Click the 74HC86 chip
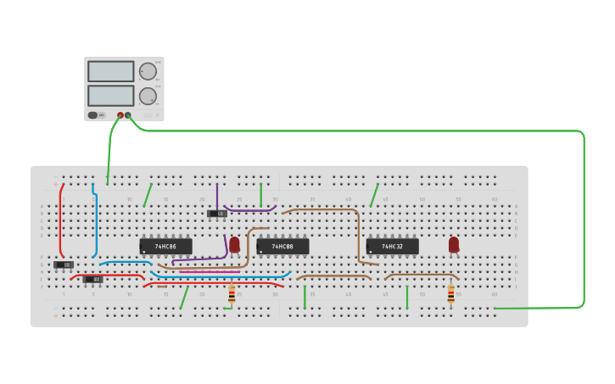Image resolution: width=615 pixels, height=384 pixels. click(x=165, y=247)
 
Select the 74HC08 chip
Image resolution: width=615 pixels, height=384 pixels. click(x=282, y=247)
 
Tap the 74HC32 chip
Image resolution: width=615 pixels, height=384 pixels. click(x=392, y=247)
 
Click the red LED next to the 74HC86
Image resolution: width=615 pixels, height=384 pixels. click(x=235, y=244)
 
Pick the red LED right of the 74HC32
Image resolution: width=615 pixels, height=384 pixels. click(x=454, y=244)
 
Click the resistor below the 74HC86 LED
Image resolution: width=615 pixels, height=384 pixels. click(x=232, y=293)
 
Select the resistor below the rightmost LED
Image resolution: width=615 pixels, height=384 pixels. click(x=450, y=293)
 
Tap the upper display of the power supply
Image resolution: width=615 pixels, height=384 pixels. click(x=110, y=71)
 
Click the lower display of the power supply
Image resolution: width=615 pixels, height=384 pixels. click(x=110, y=95)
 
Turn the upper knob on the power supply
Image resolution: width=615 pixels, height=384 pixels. click(x=148, y=71)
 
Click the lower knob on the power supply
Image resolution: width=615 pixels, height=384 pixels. click(x=148, y=95)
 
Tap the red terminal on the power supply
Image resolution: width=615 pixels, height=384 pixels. click(x=120, y=114)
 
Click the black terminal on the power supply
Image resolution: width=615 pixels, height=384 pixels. click(x=128, y=114)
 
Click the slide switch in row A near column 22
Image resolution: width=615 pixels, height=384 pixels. click(x=217, y=214)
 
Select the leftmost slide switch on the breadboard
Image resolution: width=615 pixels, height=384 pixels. click(x=64, y=264)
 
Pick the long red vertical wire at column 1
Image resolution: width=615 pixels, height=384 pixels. click(x=60, y=220)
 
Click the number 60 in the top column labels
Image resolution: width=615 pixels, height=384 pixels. click(x=495, y=199)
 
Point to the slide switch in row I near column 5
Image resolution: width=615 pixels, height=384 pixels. click(x=92, y=279)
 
